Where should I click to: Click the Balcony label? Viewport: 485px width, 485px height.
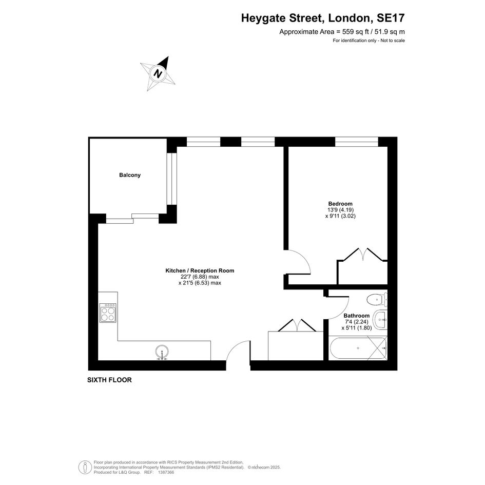click(x=130, y=175)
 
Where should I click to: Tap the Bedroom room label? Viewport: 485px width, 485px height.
click(x=340, y=204)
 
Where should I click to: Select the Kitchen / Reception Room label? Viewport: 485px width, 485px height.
click(x=200, y=270)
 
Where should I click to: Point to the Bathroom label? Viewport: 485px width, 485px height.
click(x=357, y=316)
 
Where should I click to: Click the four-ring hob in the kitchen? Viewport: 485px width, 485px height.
click(x=108, y=313)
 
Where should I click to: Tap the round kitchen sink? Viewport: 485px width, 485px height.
click(x=162, y=352)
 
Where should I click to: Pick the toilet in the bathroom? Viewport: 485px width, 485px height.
click(x=377, y=299)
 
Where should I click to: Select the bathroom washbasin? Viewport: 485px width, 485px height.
click(x=380, y=320)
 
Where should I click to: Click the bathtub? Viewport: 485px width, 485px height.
click(x=358, y=348)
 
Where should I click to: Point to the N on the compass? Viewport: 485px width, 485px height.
click(x=159, y=74)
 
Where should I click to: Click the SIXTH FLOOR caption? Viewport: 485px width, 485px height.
click(x=109, y=380)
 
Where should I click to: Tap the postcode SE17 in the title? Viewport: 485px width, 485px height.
click(x=391, y=18)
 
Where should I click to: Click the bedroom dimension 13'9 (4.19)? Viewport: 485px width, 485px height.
click(x=341, y=210)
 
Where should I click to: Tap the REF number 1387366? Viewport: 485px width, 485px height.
click(x=166, y=472)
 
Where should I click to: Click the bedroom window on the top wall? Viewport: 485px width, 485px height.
click(x=357, y=142)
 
